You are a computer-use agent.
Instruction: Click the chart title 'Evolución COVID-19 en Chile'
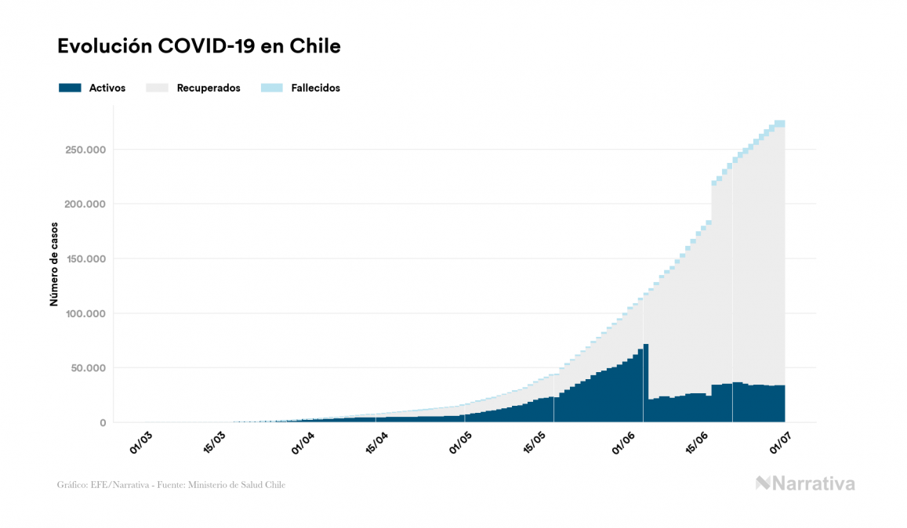click(x=199, y=46)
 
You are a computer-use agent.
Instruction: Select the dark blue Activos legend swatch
click(x=70, y=88)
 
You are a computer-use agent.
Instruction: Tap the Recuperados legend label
click(x=209, y=88)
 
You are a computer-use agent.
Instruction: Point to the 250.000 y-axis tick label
click(x=85, y=150)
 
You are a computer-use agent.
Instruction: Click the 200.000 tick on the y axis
click(x=85, y=204)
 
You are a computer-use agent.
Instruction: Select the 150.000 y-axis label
click(x=85, y=259)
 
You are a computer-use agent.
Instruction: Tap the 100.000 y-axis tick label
click(x=85, y=313)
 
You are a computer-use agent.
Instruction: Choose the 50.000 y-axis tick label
click(x=88, y=368)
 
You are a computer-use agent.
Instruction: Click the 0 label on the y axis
click(x=102, y=423)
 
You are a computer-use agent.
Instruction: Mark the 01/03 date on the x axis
click(x=142, y=442)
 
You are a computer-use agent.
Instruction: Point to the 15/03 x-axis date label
click(x=216, y=442)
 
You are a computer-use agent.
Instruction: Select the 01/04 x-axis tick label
click(x=303, y=442)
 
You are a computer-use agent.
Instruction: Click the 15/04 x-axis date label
click(x=377, y=442)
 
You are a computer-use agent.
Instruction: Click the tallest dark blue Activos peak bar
click(x=646, y=384)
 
